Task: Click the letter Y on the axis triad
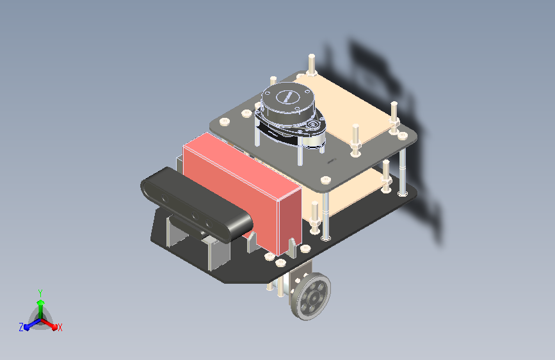tap(40, 293)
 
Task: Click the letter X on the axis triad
tap(60, 328)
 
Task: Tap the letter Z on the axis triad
tap(21, 327)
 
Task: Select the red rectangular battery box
tap(243, 193)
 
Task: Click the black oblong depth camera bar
tap(197, 205)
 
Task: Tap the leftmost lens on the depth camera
tap(165, 198)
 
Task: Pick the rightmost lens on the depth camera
tap(209, 224)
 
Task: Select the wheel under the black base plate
tap(310, 296)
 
